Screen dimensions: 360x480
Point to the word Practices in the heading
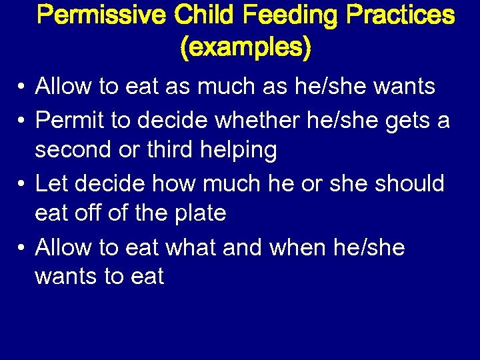coord(399,15)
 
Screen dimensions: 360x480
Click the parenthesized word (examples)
coord(245,47)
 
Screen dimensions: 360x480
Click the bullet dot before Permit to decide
coord(22,121)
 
